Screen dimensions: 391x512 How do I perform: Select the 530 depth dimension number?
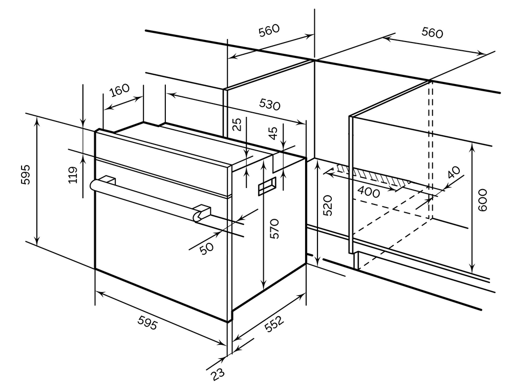[269, 105]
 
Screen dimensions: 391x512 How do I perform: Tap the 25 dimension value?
[237, 125]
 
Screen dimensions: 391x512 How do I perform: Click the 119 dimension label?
[72, 175]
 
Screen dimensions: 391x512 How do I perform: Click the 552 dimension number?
[274, 324]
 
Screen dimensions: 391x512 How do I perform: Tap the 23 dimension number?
[218, 374]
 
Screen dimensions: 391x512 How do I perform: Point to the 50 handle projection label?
[206, 249]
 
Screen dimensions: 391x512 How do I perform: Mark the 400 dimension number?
[368, 193]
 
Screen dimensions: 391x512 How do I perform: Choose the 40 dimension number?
[453, 173]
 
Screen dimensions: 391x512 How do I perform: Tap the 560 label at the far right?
[432, 33]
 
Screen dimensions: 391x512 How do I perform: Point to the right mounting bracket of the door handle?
[203, 211]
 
